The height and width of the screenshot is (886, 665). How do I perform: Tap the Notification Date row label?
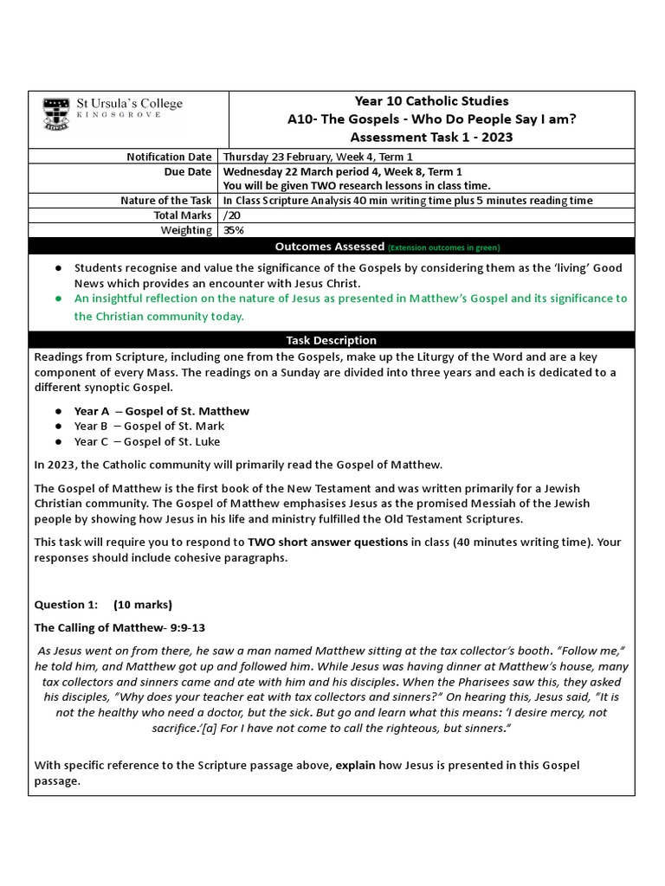[169, 157]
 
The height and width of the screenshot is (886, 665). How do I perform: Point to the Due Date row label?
[188, 171]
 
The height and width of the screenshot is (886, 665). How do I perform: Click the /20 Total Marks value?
[230, 215]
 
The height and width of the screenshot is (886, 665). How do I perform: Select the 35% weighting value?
[233, 230]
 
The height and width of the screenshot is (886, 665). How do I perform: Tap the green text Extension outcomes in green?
[443, 247]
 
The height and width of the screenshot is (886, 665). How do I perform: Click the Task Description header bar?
[332, 340]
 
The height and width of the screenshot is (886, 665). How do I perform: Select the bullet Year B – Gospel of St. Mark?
[149, 426]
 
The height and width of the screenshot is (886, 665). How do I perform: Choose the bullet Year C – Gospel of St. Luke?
[148, 441]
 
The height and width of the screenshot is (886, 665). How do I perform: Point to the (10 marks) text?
[143, 604]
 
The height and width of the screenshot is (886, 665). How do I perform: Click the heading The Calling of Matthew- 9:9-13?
[119, 627]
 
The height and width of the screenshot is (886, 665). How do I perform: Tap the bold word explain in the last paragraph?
[355, 765]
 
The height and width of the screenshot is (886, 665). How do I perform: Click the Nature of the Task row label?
[165, 201]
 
